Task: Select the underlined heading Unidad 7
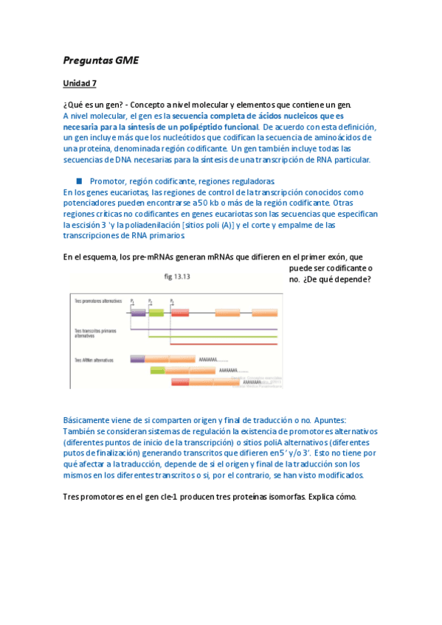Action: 80,83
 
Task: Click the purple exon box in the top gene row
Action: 137,312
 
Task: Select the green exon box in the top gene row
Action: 156,312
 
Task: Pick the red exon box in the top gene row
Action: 180,312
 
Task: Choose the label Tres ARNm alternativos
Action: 92,360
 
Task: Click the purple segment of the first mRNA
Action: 137,360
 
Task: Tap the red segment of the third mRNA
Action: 180,383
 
